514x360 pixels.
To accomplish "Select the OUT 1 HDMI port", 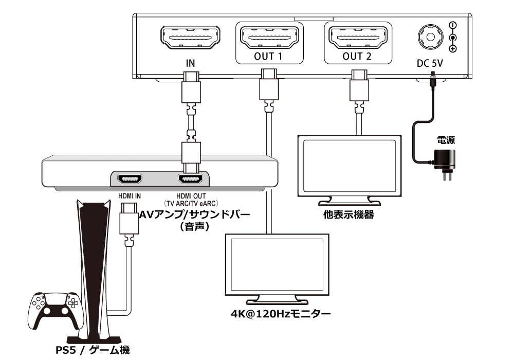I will [x=268, y=38].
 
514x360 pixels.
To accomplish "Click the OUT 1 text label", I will [x=268, y=57].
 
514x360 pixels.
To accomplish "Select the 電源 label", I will [x=446, y=139].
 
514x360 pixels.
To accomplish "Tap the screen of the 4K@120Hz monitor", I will [x=278, y=265].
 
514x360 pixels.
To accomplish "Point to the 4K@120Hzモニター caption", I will [x=280, y=312].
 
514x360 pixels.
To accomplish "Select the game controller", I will [x=56, y=310].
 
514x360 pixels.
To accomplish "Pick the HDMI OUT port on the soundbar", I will [x=190, y=179].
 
